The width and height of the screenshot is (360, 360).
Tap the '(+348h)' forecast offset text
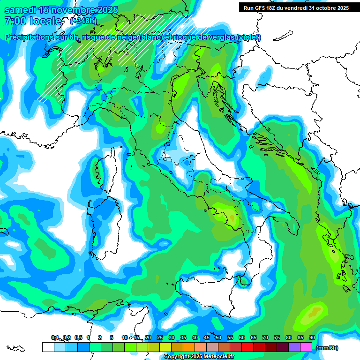point(83,21)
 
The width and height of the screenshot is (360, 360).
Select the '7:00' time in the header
point(15,21)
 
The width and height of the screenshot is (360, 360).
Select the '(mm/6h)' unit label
point(327,348)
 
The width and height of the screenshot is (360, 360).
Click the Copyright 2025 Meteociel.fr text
point(199,357)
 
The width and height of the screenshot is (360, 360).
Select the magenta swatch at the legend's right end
point(307,347)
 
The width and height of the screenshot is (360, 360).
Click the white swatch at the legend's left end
point(48,347)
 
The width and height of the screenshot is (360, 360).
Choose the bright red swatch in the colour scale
point(247,347)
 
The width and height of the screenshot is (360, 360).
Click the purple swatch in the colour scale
point(294,347)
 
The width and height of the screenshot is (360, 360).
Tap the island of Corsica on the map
point(108,166)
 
